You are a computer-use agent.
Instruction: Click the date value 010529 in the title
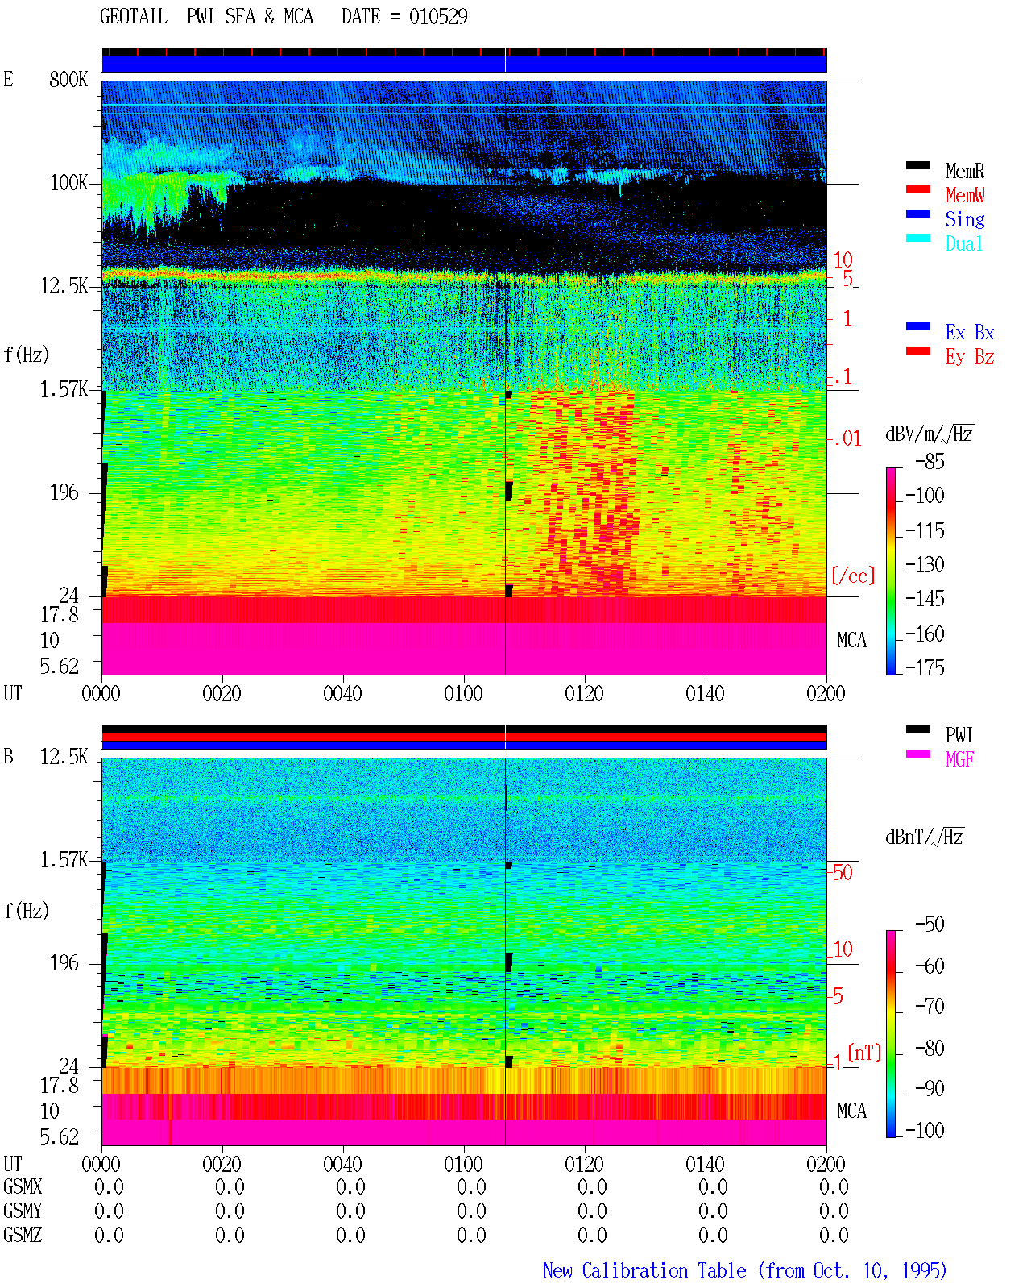pos(438,16)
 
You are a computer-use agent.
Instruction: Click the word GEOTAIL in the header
pos(134,16)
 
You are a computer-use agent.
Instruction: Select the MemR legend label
pos(965,171)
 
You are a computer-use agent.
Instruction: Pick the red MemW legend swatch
pos(917,189)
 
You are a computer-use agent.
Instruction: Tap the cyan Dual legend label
pos(964,243)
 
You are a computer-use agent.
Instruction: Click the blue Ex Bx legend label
pos(970,332)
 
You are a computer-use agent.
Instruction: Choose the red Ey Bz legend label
pos(970,357)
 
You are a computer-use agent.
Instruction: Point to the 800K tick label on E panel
pos(68,79)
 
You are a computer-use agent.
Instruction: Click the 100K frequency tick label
pos(68,183)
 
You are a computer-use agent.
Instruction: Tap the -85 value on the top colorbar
pos(930,461)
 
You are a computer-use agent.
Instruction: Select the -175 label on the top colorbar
pos(925,667)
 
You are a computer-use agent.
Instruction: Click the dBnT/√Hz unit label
pos(924,837)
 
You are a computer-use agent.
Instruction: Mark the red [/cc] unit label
pos(853,576)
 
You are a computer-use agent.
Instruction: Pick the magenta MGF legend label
pos(960,759)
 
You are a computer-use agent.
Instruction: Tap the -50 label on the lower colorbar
pos(930,925)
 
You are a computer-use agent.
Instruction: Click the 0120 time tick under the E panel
pos(585,694)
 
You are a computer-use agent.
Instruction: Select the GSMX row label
pos(23,1186)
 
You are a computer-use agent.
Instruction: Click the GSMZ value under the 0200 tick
pos(834,1235)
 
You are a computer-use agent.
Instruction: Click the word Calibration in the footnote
pos(664,1270)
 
